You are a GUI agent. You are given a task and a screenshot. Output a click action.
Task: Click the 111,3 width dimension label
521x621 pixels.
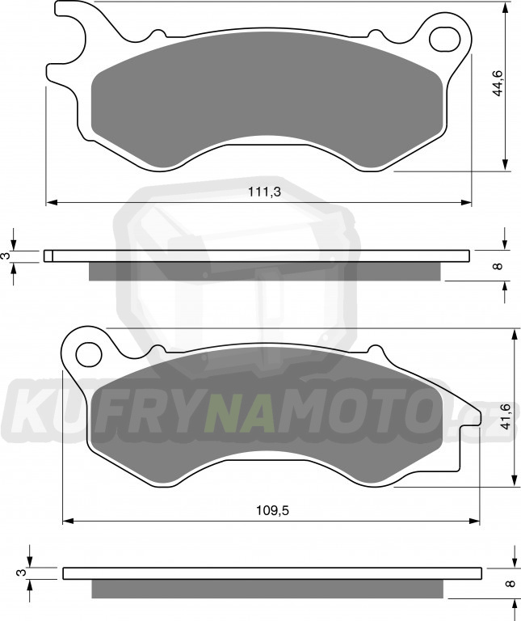[264, 192]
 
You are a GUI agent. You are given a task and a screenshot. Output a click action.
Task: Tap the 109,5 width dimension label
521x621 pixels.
[272, 510]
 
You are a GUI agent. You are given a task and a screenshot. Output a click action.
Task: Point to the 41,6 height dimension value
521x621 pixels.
[506, 417]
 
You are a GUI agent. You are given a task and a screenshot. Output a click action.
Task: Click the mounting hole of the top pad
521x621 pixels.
[445, 39]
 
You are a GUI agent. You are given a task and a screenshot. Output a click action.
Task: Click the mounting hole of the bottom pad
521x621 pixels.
[89, 354]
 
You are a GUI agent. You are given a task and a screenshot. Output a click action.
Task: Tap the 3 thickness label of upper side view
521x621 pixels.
[6, 256]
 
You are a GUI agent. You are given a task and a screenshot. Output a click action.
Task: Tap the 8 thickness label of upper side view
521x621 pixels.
[498, 266]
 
